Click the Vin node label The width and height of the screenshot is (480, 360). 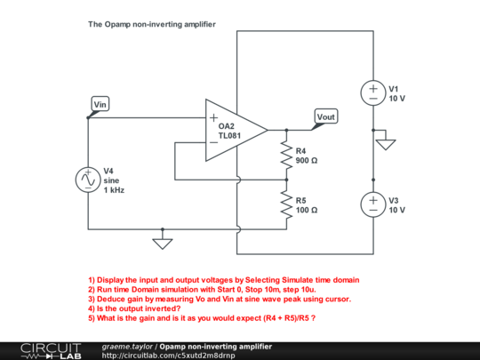tap(100, 105)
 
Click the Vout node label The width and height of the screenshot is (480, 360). tap(326, 117)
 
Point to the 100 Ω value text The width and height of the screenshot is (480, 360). tap(308, 210)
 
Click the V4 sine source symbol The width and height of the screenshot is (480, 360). tap(88, 180)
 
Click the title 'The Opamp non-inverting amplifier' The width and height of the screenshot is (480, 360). tap(151, 25)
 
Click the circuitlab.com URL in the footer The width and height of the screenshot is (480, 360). tap(169, 355)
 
